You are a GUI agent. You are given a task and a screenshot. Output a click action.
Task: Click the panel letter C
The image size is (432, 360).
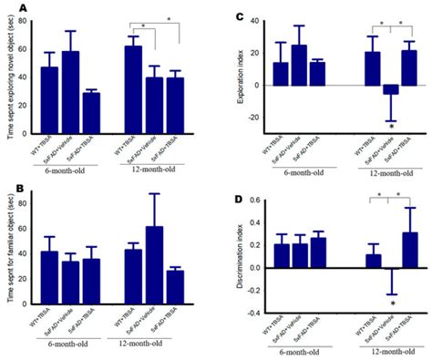(x=239, y=16)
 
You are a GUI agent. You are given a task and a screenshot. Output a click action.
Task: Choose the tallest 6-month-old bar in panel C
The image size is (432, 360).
(x=298, y=65)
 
